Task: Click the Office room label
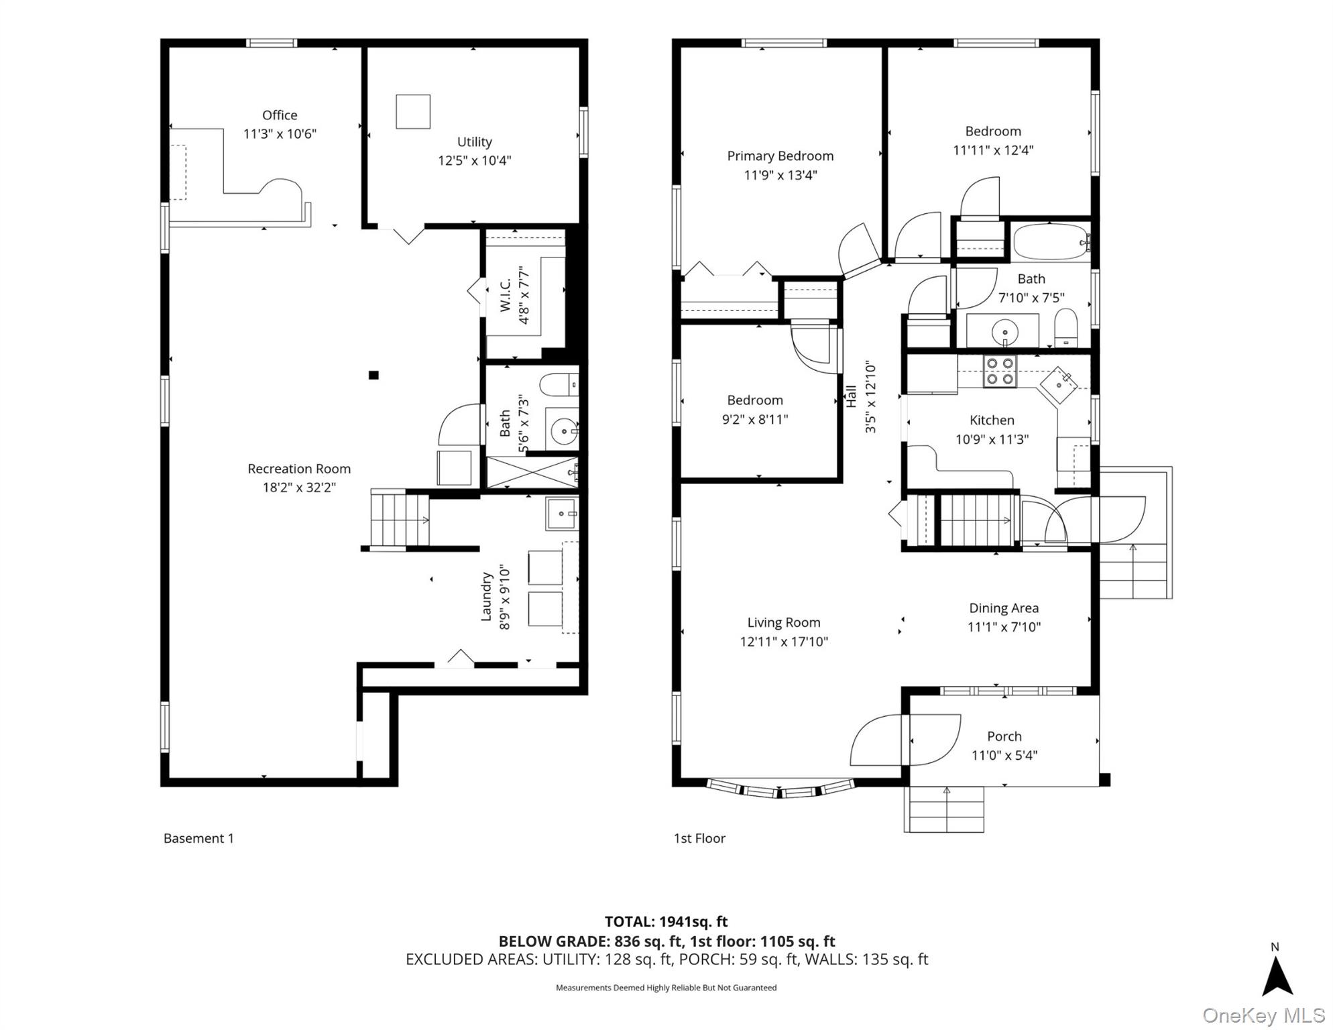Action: click(x=280, y=115)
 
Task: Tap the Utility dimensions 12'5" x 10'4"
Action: click(x=474, y=160)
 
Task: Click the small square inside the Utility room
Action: click(x=412, y=111)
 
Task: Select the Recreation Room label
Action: click(x=299, y=469)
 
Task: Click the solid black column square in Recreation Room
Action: click(x=373, y=375)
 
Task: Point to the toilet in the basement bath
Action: click(x=558, y=385)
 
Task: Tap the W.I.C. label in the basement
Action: click(x=506, y=295)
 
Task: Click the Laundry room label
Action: click(x=487, y=597)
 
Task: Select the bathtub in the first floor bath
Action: click(x=1050, y=242)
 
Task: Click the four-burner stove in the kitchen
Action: click(x=1000, y=371)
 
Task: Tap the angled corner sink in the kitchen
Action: click(x=1059, y=385)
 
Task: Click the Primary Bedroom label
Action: click(x=780, y=156)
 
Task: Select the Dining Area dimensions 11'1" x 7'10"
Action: click(x=1004, y=627)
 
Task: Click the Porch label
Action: click(x=1004, y=736)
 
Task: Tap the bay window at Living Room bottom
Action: click(x=780, y=789)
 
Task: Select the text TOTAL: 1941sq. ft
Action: click(x=666, y=921)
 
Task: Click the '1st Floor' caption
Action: click(x=699, y=838)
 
